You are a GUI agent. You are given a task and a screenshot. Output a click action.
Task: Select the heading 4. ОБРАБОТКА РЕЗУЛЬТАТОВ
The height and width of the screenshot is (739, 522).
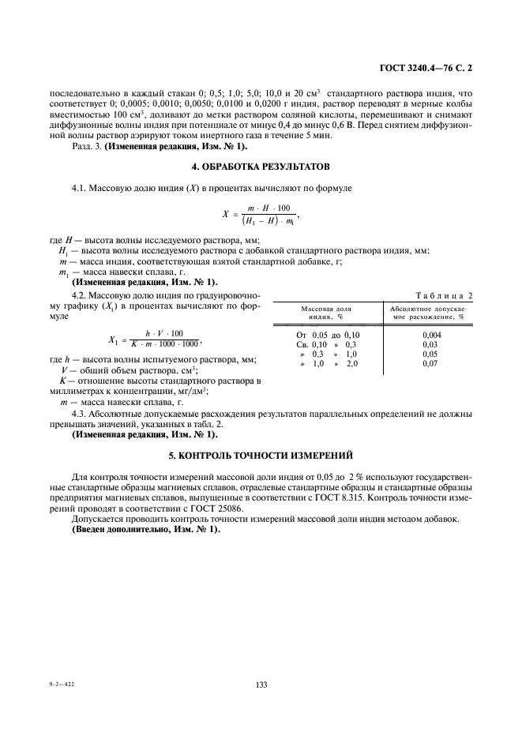(261, 167)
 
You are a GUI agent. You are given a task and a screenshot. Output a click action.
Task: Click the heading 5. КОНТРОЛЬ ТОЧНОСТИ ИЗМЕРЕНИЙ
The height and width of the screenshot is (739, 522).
(261, 456)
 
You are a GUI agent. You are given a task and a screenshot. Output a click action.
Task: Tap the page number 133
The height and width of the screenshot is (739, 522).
(261, 685)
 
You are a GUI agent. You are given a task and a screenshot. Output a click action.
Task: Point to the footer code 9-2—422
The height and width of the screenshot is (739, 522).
(61, 685)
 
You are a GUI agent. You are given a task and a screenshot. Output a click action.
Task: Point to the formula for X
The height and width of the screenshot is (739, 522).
(261, 214)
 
